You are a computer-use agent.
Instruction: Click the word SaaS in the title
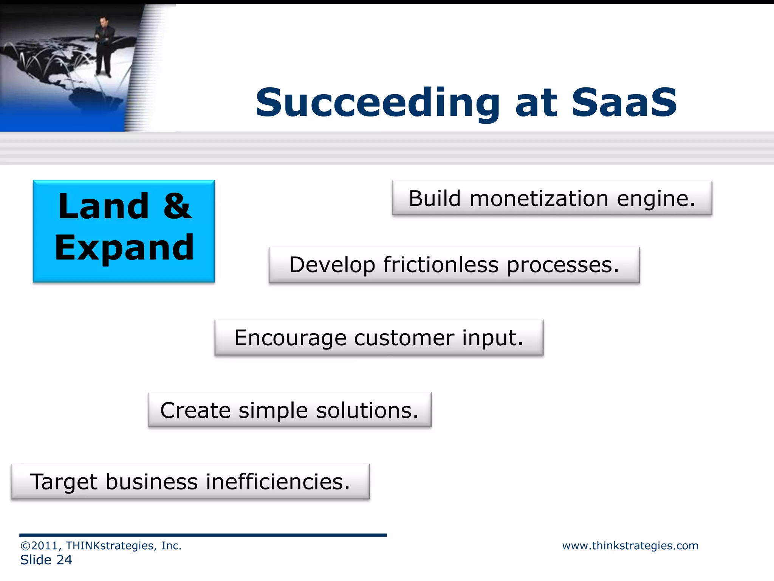[624, 103]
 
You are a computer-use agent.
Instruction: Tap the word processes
[563, 265]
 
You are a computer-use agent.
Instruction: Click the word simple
[273, 411]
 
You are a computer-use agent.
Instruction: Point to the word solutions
[367, 410]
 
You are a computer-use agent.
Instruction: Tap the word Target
[63, 482]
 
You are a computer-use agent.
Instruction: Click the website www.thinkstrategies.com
[630, 545]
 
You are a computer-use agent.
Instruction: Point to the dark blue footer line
[203, 535]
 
